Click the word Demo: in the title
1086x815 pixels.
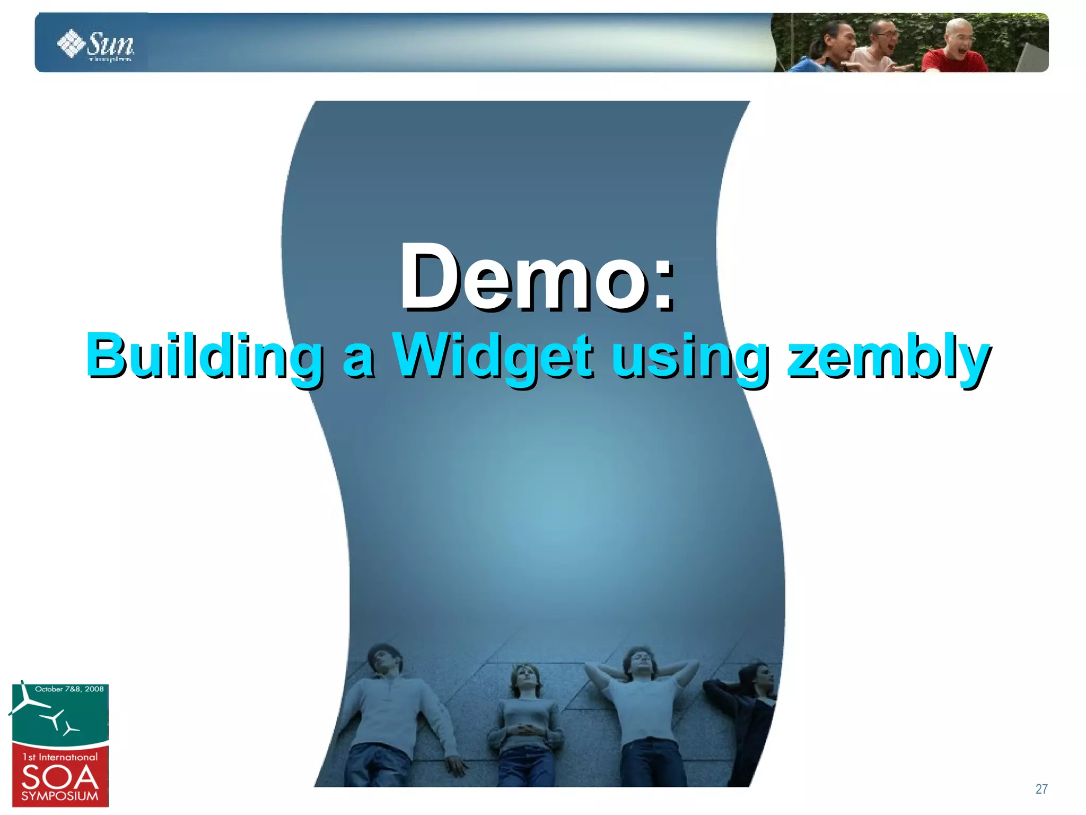click(537, 277)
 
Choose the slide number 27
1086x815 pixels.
click(1041, 789)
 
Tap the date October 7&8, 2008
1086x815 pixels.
click(69, 689)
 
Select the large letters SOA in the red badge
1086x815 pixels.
click(60, 778)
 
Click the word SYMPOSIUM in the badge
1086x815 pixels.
click(60, 796)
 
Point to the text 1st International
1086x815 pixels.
click(60, 757)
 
